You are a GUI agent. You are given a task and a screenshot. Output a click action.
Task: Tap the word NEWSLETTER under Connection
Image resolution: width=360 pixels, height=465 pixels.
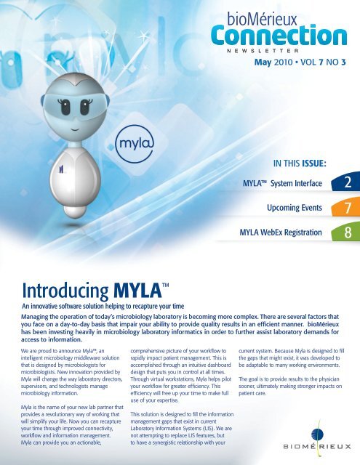278,52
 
